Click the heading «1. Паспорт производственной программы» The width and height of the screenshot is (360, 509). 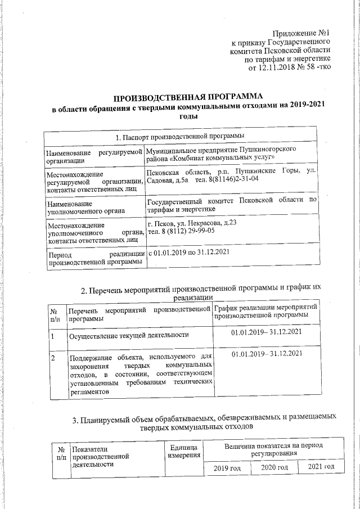pyautogui.click(x=180, y=137)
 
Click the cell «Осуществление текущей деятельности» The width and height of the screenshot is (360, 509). pyautogui.click(x=128, y=336)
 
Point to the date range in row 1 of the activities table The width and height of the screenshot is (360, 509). pyautogui.click(x=267, y=332)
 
